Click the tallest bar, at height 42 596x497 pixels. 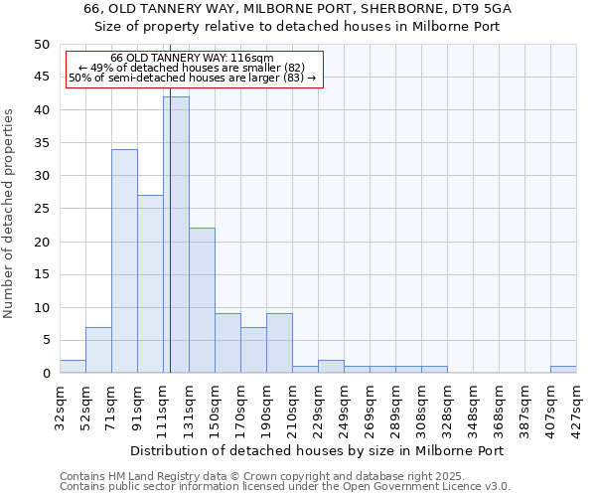pos(176,235)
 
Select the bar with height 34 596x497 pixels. pos(124,260)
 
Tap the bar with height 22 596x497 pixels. pos(202,300)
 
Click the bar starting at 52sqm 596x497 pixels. pos(98,350)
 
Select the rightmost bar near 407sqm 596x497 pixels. pos(563,370)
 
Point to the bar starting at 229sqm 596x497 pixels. pos(331,367)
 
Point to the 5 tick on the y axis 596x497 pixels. pos(45,341)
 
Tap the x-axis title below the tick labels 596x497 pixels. pos(318,450)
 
